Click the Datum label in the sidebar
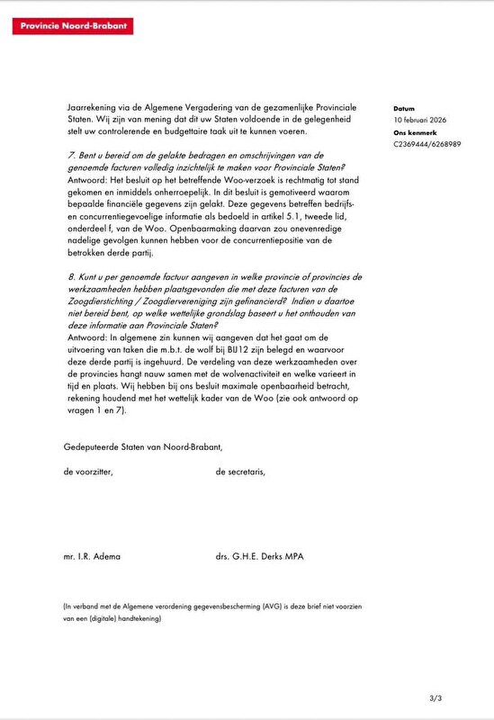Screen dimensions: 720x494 [404, 106]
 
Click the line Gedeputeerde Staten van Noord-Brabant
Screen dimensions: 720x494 [142, 446]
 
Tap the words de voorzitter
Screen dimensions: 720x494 [89, 472]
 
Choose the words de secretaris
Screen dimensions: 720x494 [240, 472]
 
